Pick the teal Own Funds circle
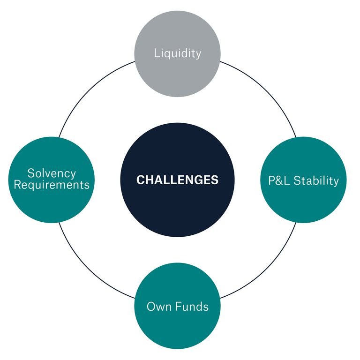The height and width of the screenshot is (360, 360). (x=177, y=323)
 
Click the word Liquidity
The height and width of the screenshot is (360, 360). (x=177, y=53)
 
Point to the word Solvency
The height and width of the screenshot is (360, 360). (x=52, y=173)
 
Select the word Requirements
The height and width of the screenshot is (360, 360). (x=52, y=185)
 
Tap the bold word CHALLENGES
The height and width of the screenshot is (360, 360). (x=177, y=180)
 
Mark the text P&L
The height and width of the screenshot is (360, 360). (x=279, y=180)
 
